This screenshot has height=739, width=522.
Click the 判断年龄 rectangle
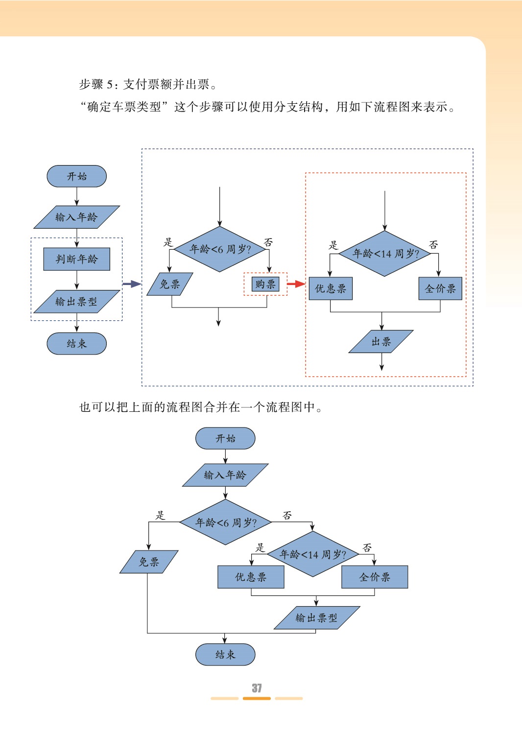pyautogui.click(x=76, y=259)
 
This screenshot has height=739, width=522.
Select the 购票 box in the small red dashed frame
pyautogui.click(x=265, y=284)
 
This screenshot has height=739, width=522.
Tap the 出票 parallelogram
pyautogui.click(x=381, y=341)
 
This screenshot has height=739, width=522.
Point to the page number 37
pyautogui.click(x=257, y=688)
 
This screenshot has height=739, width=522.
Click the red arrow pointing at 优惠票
pyautogui.click(x=296, y=284)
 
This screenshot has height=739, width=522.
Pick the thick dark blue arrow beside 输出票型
pyautogui.click(x=131, y=284)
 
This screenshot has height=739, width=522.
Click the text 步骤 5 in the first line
pyautogui.click(x=98, y=84)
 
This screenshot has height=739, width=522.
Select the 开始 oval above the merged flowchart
pyautogui.click(x=225, y=438)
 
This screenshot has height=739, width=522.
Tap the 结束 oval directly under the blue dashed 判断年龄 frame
pyautogui.click(x=76, y=344)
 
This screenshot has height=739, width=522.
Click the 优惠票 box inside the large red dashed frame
pyautogui.click(x=331, y=288)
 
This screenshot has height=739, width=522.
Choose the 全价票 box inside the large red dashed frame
pyautogui.click(x=440, y=288)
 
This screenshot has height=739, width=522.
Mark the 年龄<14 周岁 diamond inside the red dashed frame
pyautogui.click(x=385, y=254)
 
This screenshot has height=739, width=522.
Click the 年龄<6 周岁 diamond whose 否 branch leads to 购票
pyautogui.click(x=220, y=249)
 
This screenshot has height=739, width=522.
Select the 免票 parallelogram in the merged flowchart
pyautogui.click(x=149, y=562)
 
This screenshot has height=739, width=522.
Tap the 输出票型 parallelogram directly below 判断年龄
pyautogui.click(x=76, y=302)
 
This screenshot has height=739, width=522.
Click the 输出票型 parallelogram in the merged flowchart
pyautogui.click(x=316, y=618)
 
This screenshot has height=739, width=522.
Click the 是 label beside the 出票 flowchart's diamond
pyautogui.click(x=333, y=245)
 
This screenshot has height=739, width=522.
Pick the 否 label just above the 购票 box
pyautogui.click(x=268, y=242)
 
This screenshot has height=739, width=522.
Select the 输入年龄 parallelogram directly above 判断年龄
pyautogui.click(x=76, y=217)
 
